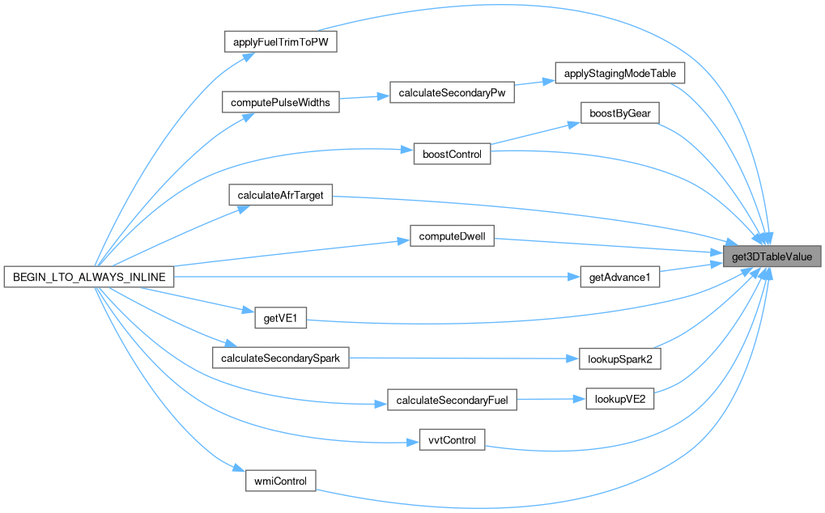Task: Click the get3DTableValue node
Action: click(773, 257)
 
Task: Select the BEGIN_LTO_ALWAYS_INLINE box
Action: click(89, 277)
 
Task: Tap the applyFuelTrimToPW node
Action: click(280, 42)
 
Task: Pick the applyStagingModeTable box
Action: click(620, 73)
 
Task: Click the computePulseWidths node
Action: click(281, 103)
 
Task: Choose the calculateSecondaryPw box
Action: click(452, 93)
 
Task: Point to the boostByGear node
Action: click(619, 113)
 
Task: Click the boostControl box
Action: click(452, 154)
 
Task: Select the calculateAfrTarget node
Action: click(281, 195)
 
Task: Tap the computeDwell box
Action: click(452, 237)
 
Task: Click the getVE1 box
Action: click(281, 318)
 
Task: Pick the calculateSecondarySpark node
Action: click(280, 358)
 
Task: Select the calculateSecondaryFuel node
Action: click(452, 399)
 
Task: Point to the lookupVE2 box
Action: click(619, 399)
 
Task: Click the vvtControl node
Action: click(452, 440)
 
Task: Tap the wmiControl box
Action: click(280, 481)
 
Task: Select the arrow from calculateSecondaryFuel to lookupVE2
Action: click(551, 399)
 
